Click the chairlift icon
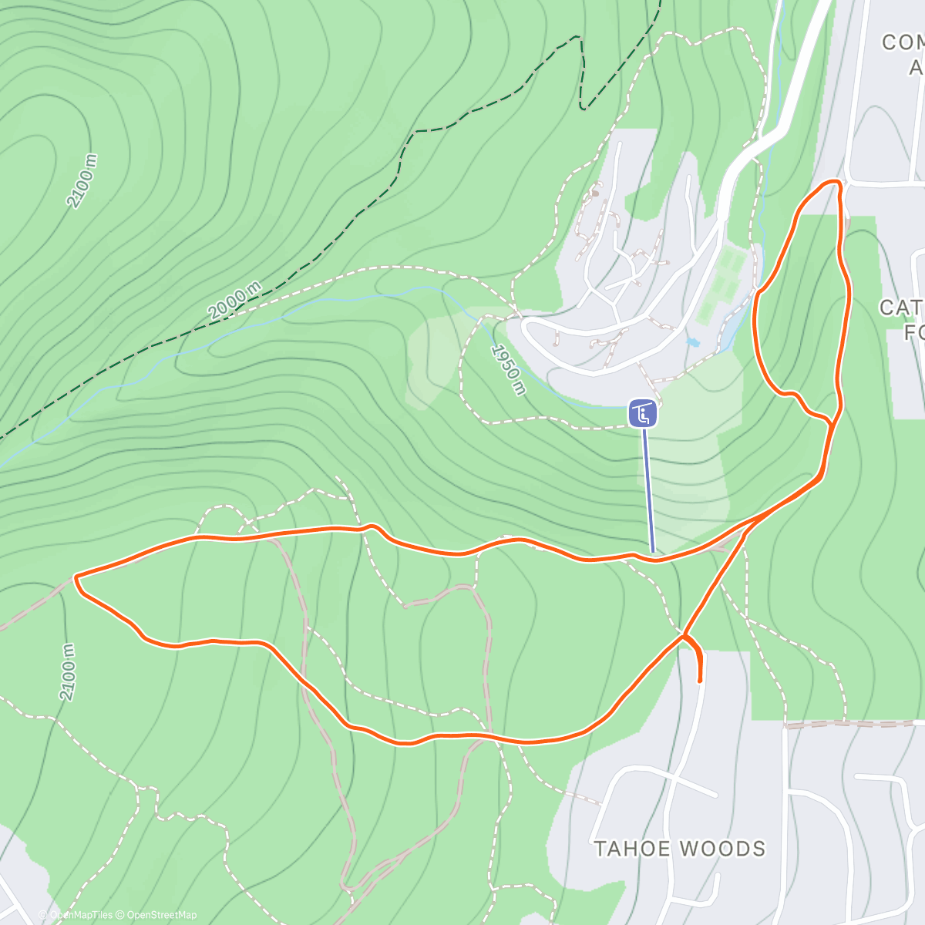643,413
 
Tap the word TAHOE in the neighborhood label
631,849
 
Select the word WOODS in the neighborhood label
721,849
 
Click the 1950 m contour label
509,369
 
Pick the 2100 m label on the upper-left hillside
82,180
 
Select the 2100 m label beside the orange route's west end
68,671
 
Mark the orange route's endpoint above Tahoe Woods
699,681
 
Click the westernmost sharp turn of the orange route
76,576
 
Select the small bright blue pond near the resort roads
691,340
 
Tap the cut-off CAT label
901,308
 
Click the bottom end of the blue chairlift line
653,552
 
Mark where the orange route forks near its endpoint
684,636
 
